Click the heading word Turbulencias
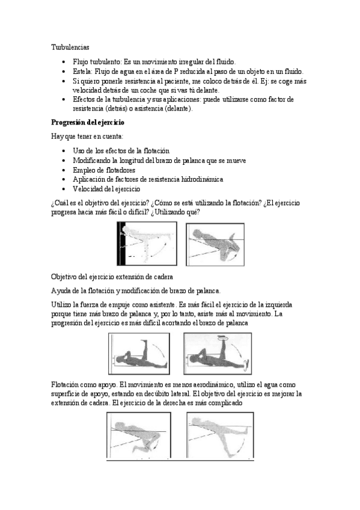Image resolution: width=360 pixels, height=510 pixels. click(x=70, y=47)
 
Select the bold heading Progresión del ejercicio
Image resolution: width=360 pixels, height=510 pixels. click(x=87, y=123)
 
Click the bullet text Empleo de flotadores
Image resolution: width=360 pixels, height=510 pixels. click(x=104, y=170)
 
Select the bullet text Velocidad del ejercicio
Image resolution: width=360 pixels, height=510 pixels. click(x=106, y=189)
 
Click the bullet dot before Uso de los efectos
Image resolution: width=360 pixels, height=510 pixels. click(x=64, y=151)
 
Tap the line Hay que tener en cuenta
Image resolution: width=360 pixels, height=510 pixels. click(x=87, y=137)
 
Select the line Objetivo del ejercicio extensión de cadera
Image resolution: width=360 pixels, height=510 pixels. click(x=112, y=277)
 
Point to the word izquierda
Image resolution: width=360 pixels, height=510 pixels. click(x=279, y=305)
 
